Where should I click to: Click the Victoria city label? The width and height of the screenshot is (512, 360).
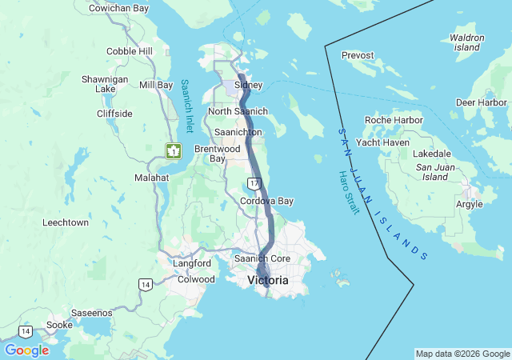(x=268, y=280)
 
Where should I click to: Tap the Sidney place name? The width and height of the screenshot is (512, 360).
(x=248, y=85)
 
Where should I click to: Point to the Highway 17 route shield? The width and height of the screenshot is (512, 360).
(x=254, y=184)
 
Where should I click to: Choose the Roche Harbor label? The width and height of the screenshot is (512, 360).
(x=393, y=120)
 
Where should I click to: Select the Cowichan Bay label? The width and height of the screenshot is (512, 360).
(x=118, y=8)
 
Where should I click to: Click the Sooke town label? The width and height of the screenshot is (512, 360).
(x=58, y=325)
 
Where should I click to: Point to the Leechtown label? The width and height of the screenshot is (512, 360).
(x=66, y=222)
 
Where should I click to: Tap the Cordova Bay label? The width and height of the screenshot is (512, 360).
(x=267, y=201)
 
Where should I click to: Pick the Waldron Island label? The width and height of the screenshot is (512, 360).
(x=467, y=42)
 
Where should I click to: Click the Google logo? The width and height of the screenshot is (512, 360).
(x=26, y=350)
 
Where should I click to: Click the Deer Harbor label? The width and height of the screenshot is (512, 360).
(x=481, y=102)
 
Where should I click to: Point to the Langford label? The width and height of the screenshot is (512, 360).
(x=192, y=263)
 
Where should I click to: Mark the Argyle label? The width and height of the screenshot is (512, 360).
(x=469, y=204)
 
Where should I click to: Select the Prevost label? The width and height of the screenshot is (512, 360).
(x=358, y=55)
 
